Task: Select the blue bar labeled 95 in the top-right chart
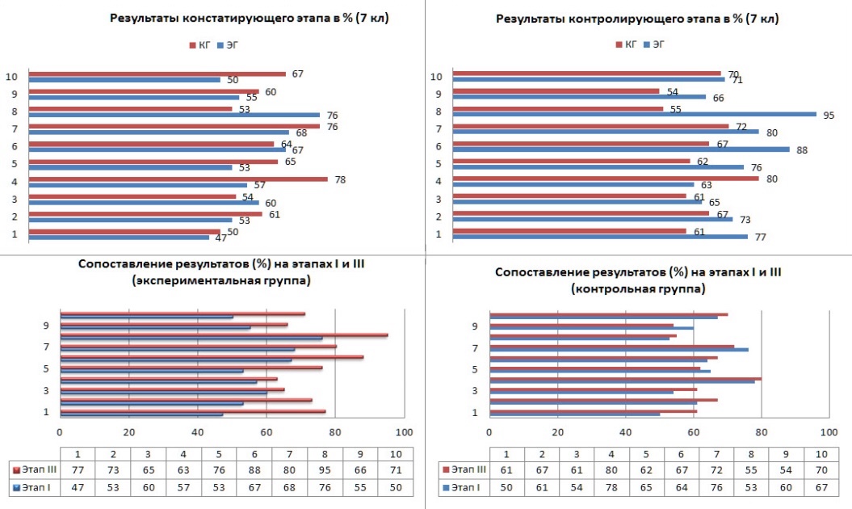pos(634,114)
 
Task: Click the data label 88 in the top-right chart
pos(801,150)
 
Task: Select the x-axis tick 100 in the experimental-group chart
pos(404,431)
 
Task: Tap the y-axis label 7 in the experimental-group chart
pos(47,347)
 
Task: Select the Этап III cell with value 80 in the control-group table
pos(613,469)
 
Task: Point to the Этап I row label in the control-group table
pos(462,488)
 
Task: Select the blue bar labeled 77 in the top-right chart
pos(600,237)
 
